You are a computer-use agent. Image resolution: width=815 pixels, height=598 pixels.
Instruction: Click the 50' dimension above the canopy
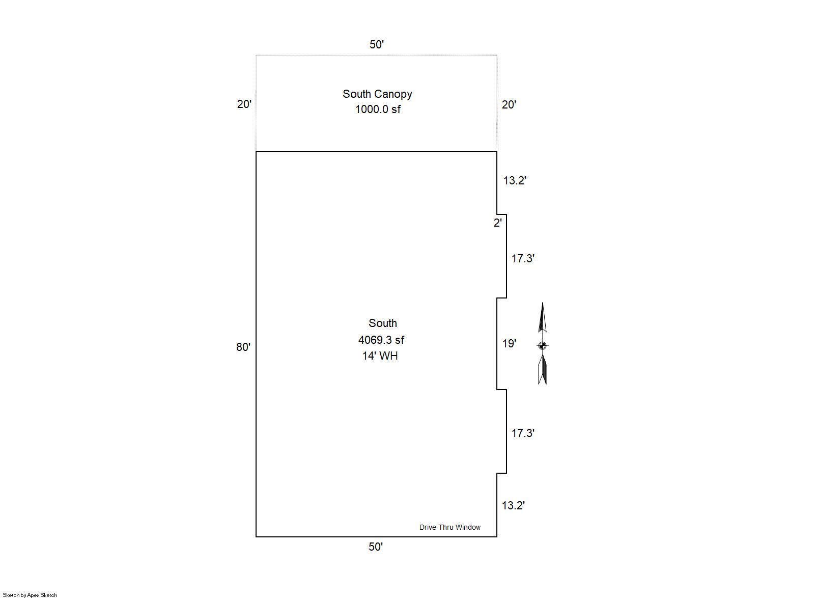coord(377,44)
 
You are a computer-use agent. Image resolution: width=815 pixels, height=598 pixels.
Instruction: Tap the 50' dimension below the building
coord(376,547)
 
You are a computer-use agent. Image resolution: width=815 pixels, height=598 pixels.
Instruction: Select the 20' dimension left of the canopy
coord(244,104)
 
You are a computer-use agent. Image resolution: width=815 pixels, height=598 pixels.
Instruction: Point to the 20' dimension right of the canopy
coord(509,104)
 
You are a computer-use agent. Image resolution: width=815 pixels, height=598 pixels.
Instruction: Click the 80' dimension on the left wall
coord(243,347)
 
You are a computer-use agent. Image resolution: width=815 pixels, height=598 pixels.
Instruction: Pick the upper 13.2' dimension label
coord(515,180)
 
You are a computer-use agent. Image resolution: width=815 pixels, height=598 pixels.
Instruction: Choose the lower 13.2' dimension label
coord(513,505)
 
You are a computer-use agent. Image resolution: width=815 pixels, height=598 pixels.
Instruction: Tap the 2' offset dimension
coord(498,223)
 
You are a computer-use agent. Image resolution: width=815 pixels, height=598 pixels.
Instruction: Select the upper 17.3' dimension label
coord(523,258)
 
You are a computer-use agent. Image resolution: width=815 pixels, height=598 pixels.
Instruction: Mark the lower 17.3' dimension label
coord(523,433)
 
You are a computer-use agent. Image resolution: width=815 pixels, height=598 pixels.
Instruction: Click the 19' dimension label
coord(509,343)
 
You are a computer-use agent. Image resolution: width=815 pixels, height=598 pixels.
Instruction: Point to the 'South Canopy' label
coord(377,94)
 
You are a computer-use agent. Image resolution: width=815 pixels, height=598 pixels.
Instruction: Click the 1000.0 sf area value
coord(378,109)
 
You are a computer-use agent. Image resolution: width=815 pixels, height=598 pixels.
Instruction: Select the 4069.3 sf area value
coord(381,340)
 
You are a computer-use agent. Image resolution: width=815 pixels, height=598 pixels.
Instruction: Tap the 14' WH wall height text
coord(380,356)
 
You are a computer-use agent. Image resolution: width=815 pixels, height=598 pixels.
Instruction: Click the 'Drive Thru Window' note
coord(449,527)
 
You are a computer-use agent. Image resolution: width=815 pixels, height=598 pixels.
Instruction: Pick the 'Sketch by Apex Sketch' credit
coord(30,595)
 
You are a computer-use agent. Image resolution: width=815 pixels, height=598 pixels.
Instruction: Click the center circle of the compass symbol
coord(542,345)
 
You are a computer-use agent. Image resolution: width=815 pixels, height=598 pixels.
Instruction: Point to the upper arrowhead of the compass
coord(543,317)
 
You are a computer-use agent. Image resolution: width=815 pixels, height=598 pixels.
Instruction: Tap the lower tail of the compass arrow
coord(543,370)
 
